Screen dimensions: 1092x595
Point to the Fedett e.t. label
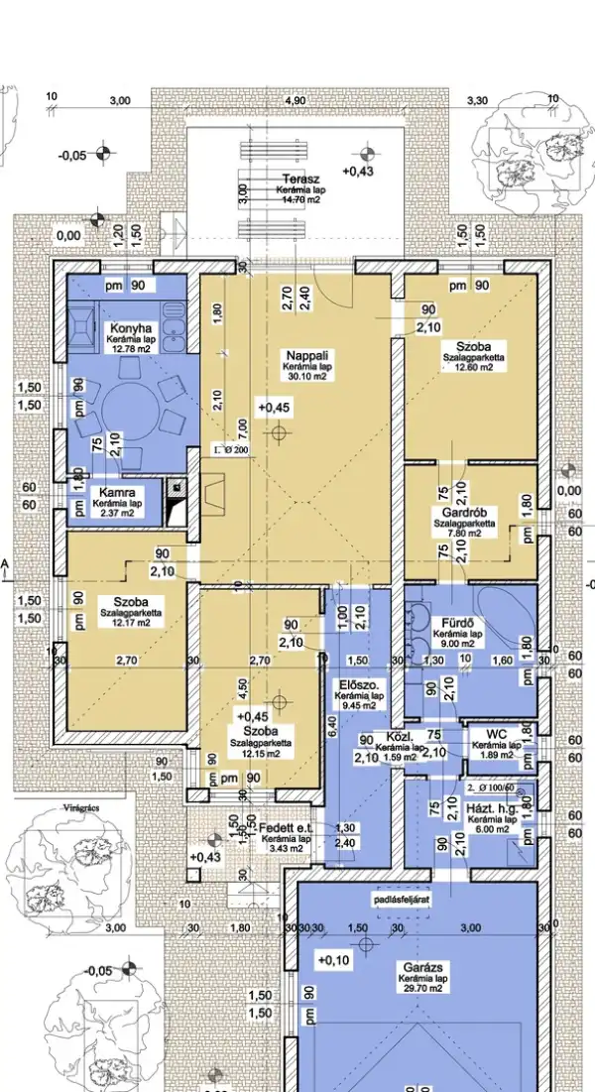[288, 828]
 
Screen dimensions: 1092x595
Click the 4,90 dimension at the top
[295, 101]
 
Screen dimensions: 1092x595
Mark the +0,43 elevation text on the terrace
[357, 171]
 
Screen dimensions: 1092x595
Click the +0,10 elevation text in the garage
[334, 959]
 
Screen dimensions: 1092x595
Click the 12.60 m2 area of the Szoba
[474, 366]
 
